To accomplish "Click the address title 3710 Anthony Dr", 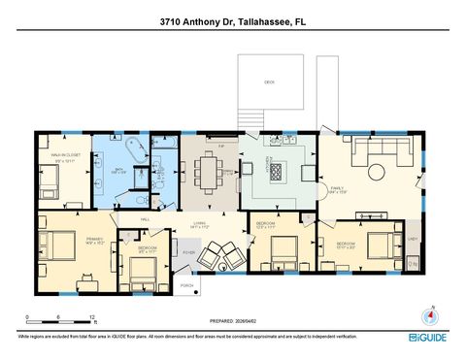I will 233,20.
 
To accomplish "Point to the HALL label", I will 144,220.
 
